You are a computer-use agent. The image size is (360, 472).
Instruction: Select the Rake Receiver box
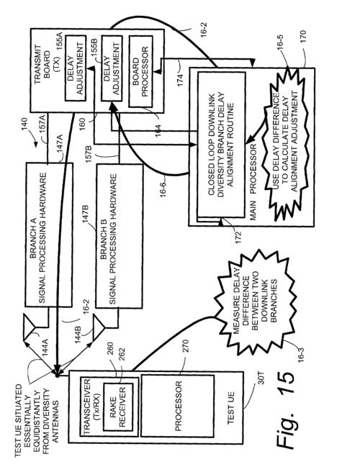coord(118,407)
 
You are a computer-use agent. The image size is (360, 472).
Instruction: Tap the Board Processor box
coord(140,72)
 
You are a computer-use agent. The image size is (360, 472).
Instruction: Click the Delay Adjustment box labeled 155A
coord(76,68)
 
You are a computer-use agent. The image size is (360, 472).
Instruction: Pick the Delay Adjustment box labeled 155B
coord(112,68)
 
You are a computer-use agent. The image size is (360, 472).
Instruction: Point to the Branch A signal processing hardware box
coord(49,235)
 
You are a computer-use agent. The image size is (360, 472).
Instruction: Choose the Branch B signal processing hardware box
coord(119,236)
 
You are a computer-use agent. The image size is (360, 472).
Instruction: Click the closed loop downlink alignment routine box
coord(221,144)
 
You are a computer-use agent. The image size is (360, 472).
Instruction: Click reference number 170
coord(302,37)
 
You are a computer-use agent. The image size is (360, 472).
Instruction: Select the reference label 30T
coord(261,378)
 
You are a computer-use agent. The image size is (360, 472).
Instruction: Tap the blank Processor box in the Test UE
coord(178,406)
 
